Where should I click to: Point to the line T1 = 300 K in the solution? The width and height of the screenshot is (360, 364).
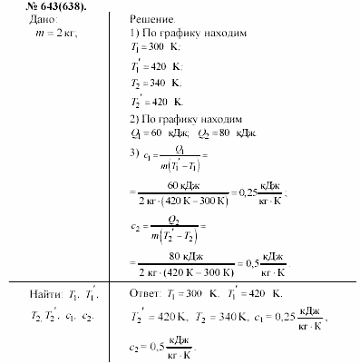[154, 46]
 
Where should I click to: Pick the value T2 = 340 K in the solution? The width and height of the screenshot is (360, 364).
[155, 84]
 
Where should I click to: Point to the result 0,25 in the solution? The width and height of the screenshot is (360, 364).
[246, 192]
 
